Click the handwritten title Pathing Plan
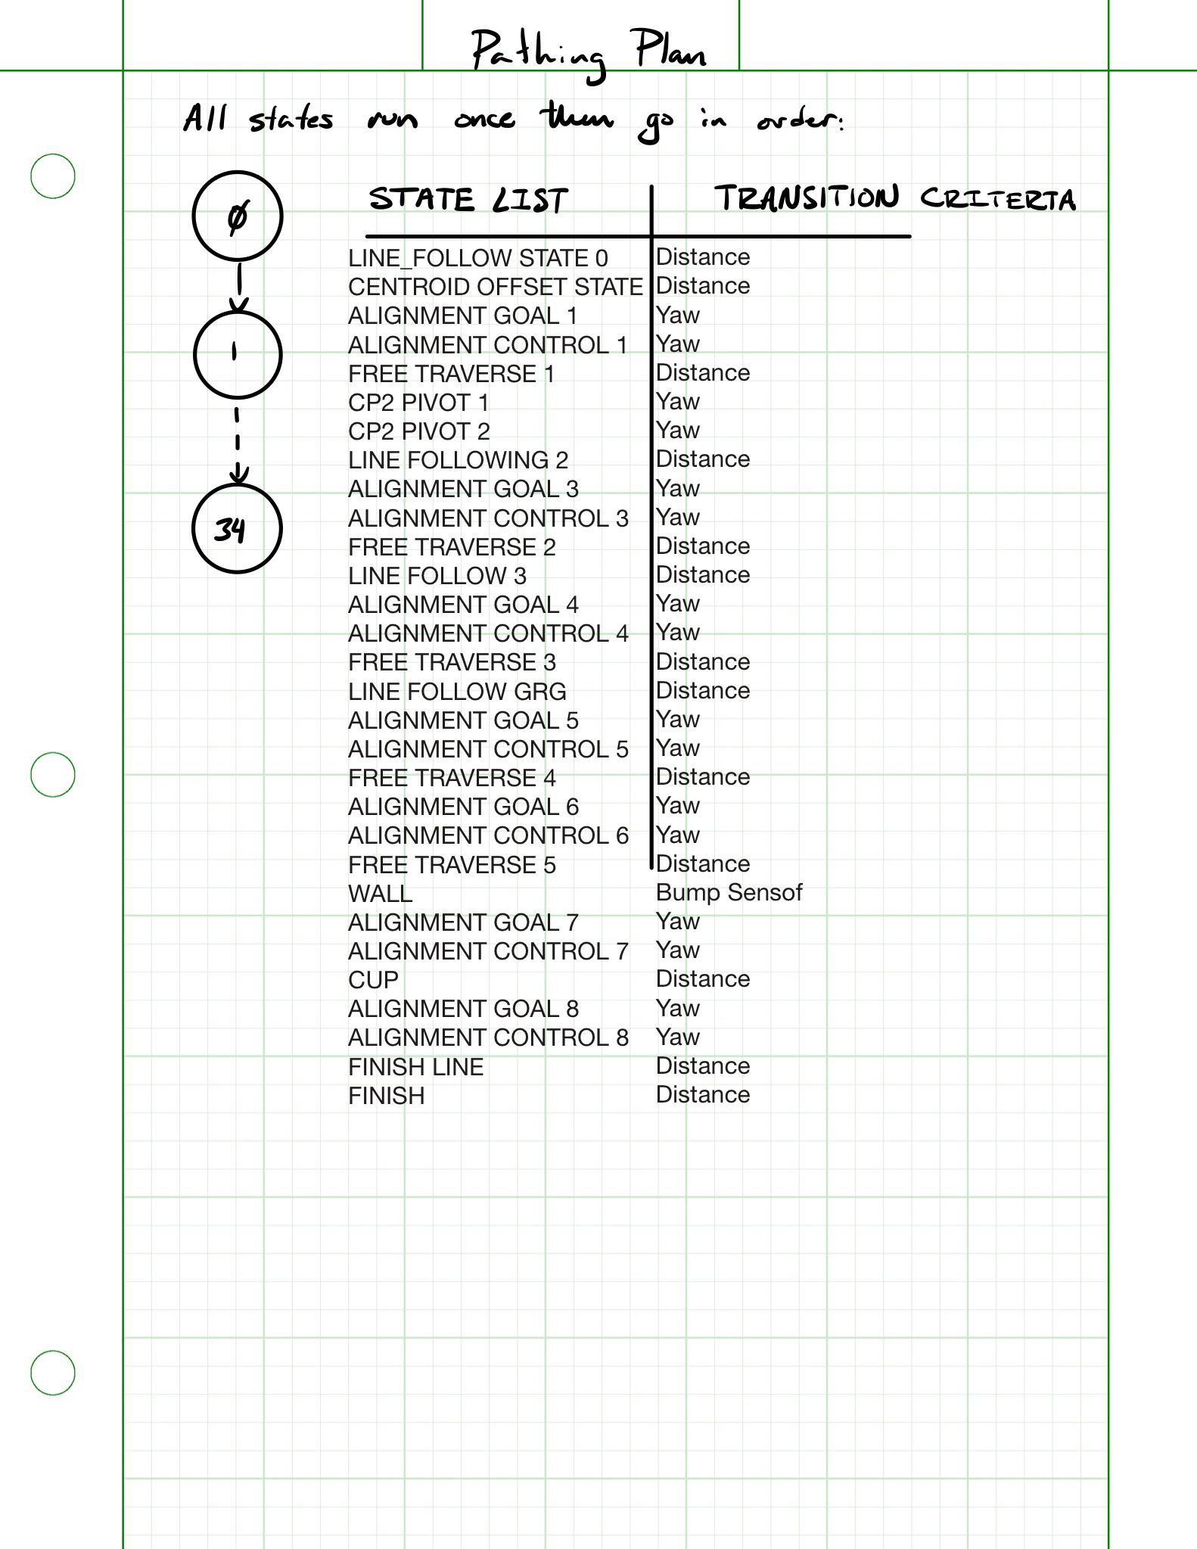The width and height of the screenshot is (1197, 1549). [589, 51]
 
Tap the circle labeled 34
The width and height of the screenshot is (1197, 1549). [238, 528]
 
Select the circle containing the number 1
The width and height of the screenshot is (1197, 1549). [238, 353]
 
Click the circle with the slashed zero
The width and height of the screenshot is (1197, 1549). [238, 216]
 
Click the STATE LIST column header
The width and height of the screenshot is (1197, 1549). [468, 201]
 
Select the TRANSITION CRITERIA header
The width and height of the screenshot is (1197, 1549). [894, 199]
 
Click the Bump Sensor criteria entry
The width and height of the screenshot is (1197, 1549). [729, 893]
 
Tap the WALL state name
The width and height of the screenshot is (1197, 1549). [380, 894]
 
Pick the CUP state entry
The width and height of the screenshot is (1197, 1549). [373, 980]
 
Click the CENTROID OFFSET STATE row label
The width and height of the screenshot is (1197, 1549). [495, 288]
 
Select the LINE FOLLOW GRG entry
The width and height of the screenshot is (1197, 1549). [457, 692]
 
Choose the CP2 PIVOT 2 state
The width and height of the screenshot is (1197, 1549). [419, 431]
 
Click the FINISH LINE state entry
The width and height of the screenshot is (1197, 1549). [415, 1067]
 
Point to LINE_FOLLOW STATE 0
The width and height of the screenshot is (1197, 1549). [477, 259]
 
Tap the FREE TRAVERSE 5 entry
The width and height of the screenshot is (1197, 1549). [452, 865]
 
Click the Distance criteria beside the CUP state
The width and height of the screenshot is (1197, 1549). [703, 979]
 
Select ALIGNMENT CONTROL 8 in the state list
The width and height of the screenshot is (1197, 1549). [488, 1037]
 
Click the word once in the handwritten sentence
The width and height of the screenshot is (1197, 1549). [484, 120]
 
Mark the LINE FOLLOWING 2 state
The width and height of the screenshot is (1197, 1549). [458, 460]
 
